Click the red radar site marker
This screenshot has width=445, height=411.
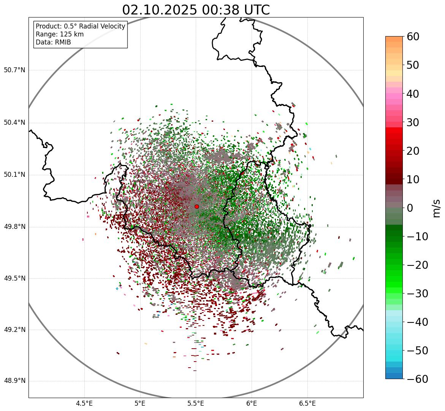pyautogui.click(x=196, y=206)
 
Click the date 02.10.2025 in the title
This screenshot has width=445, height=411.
pyautogui.click(x=159, y=10)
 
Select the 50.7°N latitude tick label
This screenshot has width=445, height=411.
pyautogui.click(x=14, y=70)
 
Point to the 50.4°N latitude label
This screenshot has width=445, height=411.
pyautogui.click(x=14, y=122)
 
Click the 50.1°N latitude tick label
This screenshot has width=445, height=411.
pyautogui.click(x=14, y=175)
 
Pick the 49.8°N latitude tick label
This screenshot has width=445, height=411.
pyautogui.click(x=14, y=227)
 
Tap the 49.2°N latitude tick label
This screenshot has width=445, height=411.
pyautogui.click(x=14, y=330)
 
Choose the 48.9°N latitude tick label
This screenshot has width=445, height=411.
pyautogui.click(x=14, y=381)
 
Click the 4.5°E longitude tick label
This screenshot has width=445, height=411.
pyautogui.click(x=84, y=403)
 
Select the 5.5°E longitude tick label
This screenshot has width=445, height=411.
pyautogui.click(x=196, y=403)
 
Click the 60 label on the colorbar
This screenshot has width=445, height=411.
pyautogui.click(x=413, y=37)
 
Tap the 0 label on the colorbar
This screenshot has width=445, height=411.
pyautogui.click(x=410, y=208)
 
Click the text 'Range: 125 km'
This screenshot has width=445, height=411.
pyautogui.click(x=60, y=34)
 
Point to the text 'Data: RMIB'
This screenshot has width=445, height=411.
pyautogui.click(x=53, y=42)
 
